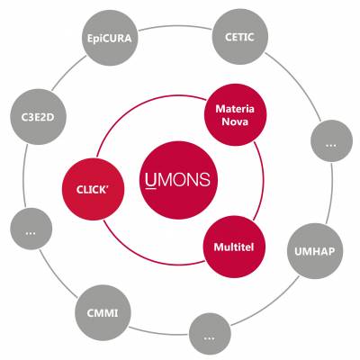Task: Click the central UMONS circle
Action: pos(179,180)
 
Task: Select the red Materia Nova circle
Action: pos(235,115)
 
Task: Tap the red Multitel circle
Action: pos(234,247)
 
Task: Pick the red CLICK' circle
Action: pos(93,189)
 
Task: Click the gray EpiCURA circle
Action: pos(110,38)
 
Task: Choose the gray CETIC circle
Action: pos(239,37)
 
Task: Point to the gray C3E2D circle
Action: pos(38,117)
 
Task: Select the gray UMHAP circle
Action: pos(315,251)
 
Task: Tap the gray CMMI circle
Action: pos(103,312)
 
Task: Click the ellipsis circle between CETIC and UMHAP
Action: pos(331,140)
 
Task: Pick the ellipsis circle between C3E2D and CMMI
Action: pos(31,229)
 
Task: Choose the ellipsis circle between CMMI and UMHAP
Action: pos(210,334)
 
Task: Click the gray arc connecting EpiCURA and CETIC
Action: pos(175,26)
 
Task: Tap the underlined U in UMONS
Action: pos(151,181)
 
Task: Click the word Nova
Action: pos(235,121)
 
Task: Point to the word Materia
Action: pos(235,108)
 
